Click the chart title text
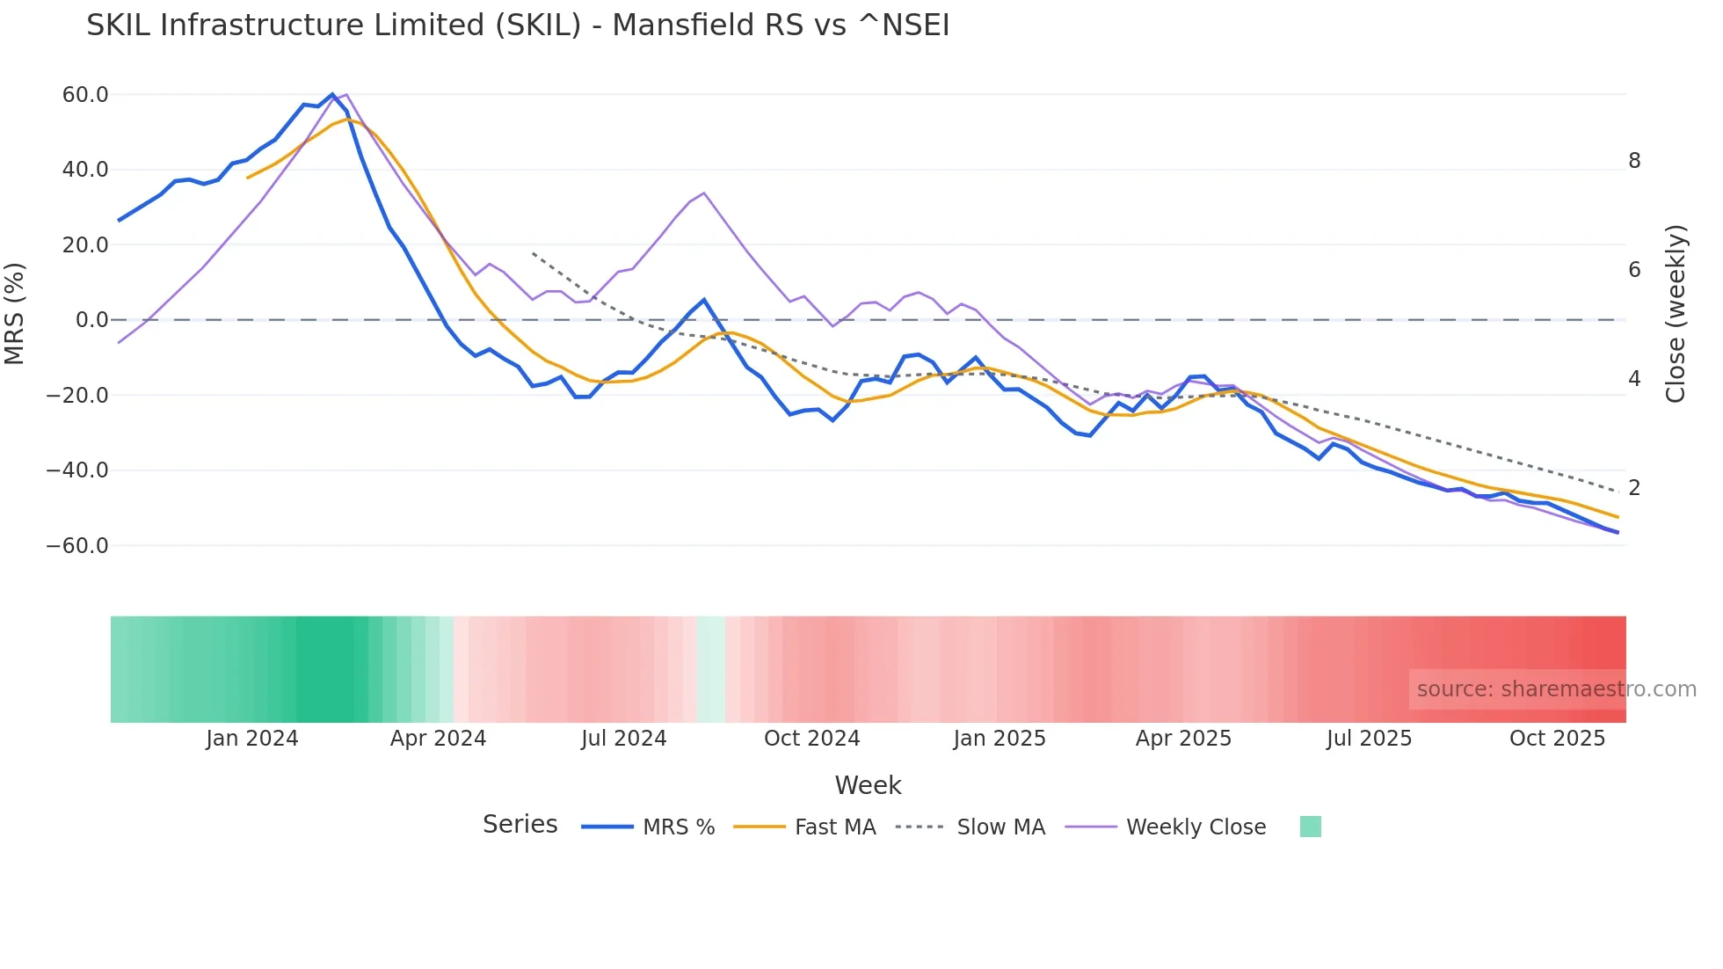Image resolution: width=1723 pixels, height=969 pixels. pos(518,25)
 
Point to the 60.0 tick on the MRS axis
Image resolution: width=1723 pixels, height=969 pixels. pos(85,95)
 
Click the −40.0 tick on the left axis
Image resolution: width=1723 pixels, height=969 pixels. pos(77,470)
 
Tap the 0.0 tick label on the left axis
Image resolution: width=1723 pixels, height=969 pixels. pos(92,320)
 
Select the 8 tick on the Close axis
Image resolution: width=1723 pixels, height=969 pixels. pos(1634,161)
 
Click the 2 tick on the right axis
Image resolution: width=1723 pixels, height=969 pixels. pos(1634,488)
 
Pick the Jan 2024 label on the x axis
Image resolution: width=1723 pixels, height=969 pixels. pos(252,739)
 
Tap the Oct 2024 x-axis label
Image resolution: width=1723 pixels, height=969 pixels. pos(811,739)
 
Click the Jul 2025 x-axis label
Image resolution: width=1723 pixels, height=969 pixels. pos(1369,739)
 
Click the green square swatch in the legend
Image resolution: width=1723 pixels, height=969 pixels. pos(1310,827)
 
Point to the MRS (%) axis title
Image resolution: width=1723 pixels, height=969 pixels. pos(15,314)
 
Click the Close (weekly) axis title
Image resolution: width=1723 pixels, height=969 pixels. pos(1676,314)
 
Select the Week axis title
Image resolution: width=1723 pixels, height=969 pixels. pos(868,785)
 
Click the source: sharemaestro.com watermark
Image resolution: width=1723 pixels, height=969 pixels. pos(1556,689)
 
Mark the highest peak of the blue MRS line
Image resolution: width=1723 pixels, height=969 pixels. pos(332,94)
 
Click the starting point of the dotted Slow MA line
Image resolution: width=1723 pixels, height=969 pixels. pos(533,253)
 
